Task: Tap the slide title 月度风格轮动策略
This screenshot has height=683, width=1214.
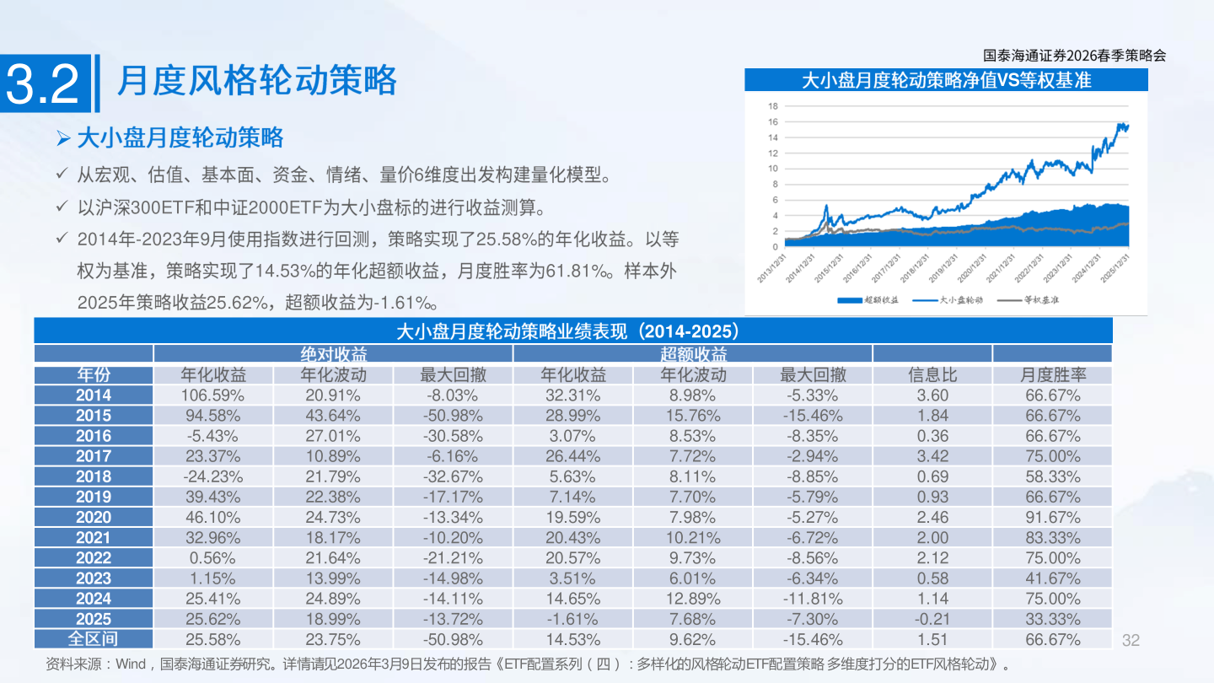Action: [x=256, y=81]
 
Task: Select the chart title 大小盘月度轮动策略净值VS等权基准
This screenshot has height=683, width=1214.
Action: [x=945, y=80]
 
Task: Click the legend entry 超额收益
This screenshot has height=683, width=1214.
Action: [x=869, y=299]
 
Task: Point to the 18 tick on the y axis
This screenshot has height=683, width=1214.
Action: [x=772, y=106]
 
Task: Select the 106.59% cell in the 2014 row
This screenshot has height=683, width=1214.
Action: [x=212, y=395]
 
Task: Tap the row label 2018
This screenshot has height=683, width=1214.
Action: [x=93, y=476]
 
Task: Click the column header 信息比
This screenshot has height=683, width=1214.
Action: [x=932, y=375]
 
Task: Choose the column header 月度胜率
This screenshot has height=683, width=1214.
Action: [x=1052, y=375]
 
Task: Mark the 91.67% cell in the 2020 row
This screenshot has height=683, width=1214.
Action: [x=1052, y=517]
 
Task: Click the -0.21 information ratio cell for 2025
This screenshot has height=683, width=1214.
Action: [x=932, y=619]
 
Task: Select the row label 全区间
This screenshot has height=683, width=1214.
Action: [x=93, y=639]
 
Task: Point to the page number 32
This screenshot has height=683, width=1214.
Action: [x=1131, y=640]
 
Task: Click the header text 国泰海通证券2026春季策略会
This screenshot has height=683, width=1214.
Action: [x=1075, y=56]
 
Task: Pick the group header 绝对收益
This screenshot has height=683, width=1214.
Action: [x=333, y=354]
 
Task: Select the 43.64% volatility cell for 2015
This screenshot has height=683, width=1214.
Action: [x=333, y=415]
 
